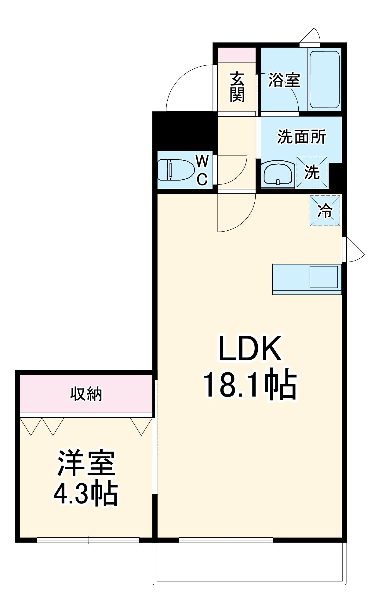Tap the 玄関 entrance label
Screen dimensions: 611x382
[237, 87]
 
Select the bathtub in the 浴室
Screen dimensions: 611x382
[324, 79]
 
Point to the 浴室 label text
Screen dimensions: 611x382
[284, 80]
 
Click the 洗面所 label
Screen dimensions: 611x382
[301, 137]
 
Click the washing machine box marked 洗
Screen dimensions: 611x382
[312, 172]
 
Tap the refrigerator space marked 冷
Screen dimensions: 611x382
[325, 211]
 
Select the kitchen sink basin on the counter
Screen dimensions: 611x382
[324, 277]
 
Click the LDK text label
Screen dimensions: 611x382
[250, 349]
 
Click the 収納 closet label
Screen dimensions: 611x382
[86, 394]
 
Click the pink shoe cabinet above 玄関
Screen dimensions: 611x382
[236, 55]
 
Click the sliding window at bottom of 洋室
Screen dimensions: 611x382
[88, 540]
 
